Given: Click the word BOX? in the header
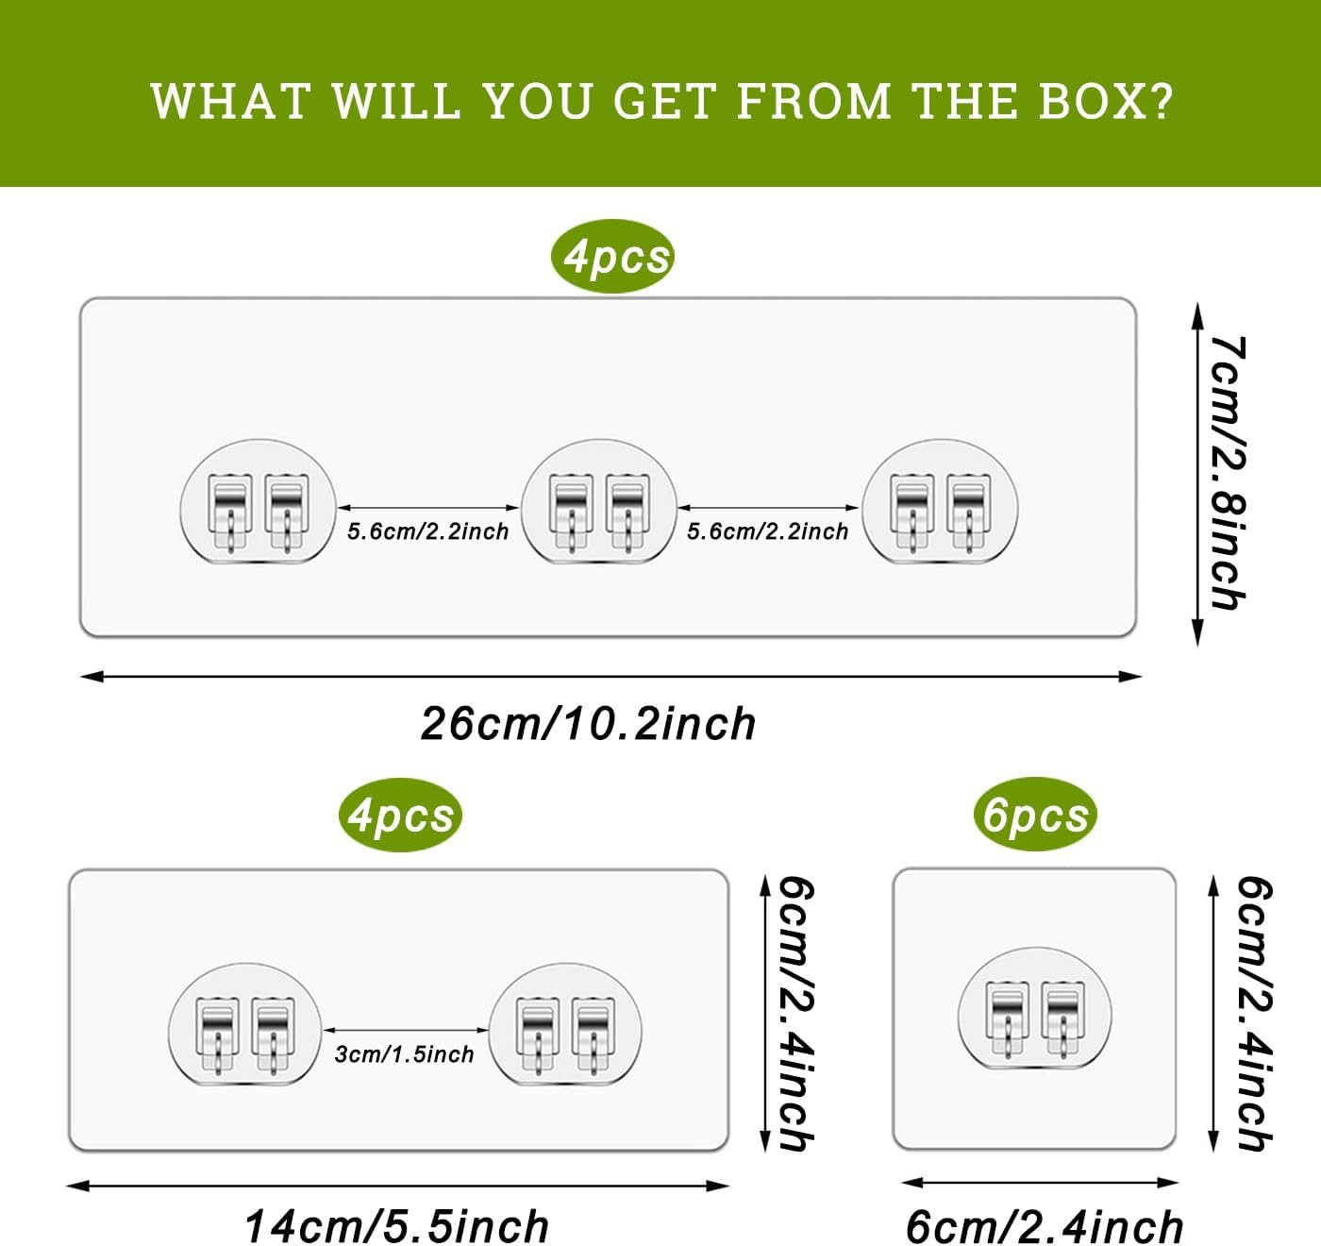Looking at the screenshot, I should point(1105,101).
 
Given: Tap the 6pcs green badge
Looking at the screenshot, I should point(1035,815).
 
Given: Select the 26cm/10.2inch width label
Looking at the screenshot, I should point(588,724).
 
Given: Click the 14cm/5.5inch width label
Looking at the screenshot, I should point(396,1226).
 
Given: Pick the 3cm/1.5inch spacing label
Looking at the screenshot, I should point(404,1054).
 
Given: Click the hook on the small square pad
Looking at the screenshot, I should point(1033,1009).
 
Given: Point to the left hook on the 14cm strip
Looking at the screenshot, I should point(245,1024).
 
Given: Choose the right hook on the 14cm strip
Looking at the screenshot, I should point(565,1024).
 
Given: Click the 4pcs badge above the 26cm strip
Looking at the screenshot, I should point(613,256).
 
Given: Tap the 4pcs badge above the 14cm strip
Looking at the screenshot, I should point(400,815).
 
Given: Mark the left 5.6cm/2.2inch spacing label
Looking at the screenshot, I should point(427,531).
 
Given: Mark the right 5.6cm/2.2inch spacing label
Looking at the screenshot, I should point(767,531).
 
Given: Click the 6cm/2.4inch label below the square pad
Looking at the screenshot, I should point(1044,1226).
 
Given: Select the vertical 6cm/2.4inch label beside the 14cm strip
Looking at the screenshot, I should point(794,1014).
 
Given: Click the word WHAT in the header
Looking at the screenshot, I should point(230,101).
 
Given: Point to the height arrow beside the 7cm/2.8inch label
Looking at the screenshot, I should point(1197,473).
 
